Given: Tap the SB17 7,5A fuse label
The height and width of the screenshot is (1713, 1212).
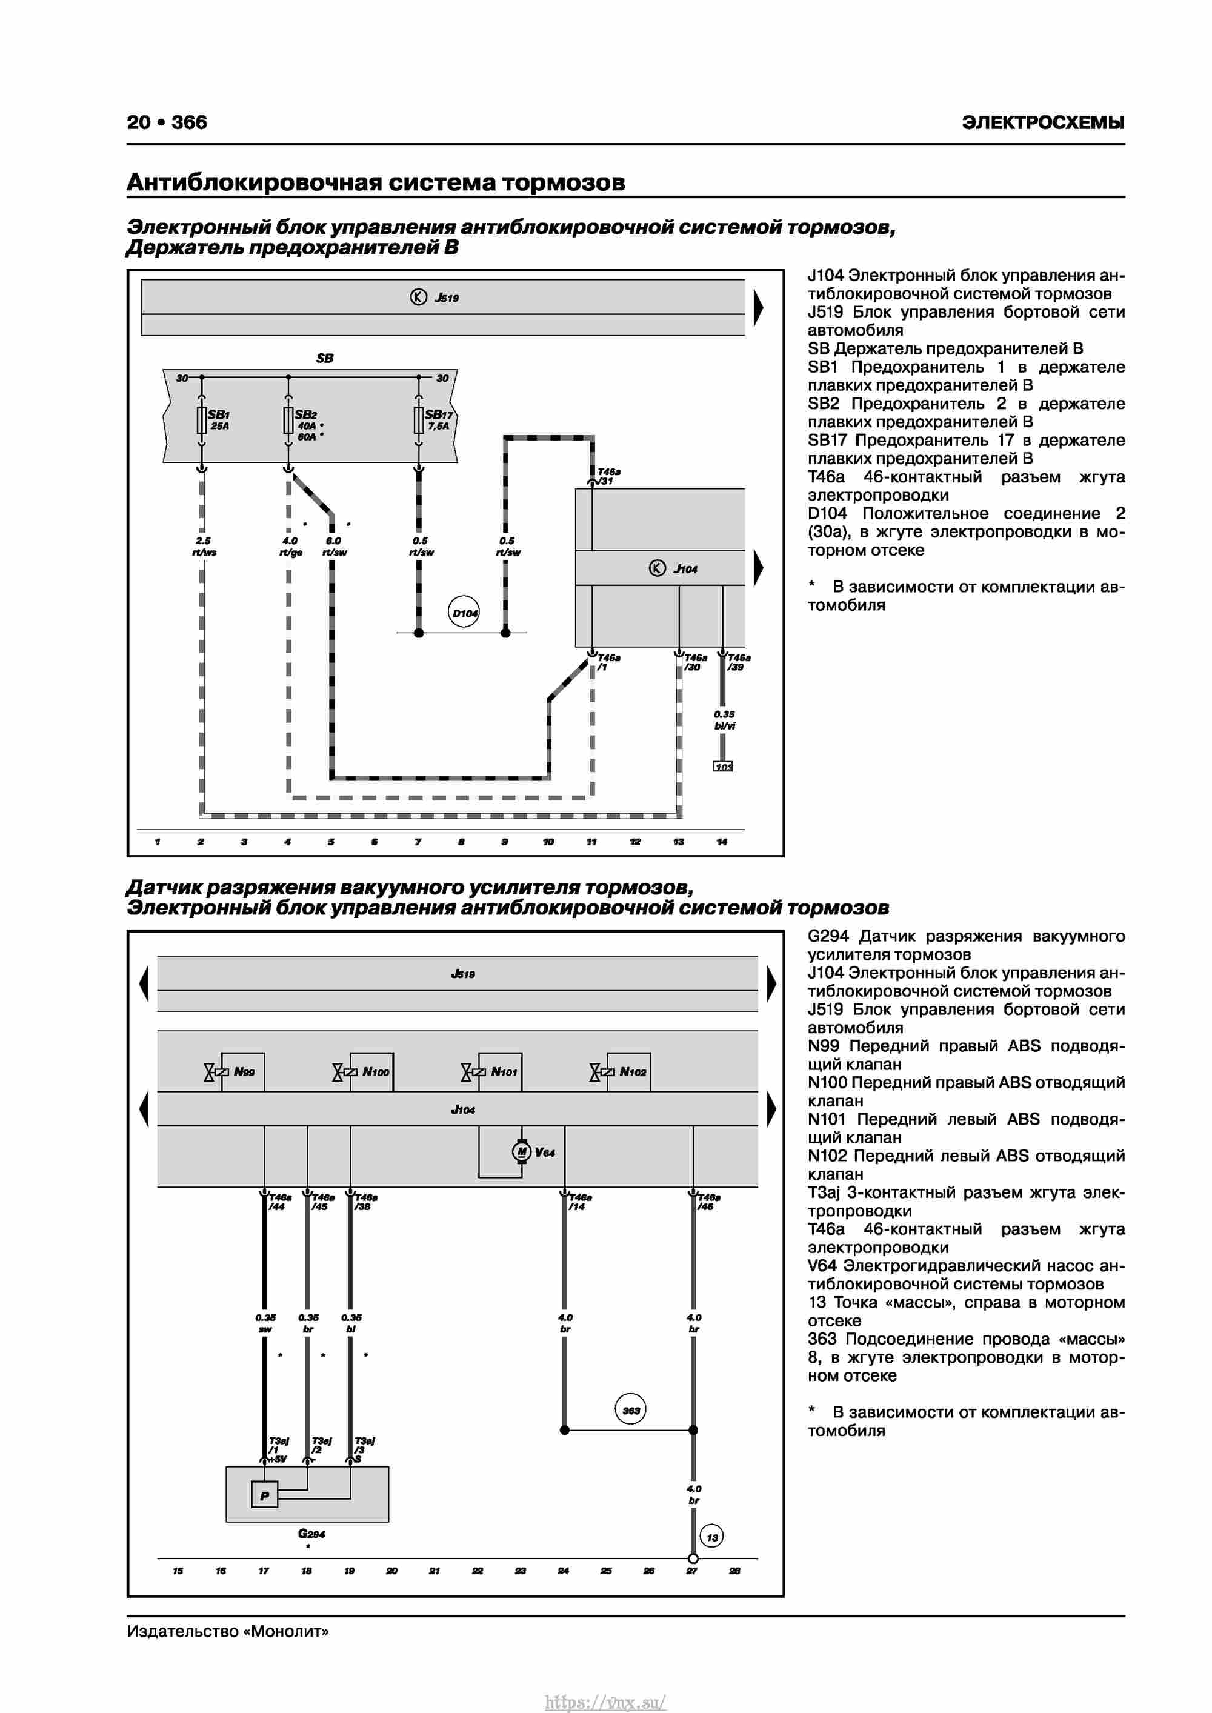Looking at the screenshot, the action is tap(439, 420).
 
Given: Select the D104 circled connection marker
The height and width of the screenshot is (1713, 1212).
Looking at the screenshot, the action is tap(464, 613).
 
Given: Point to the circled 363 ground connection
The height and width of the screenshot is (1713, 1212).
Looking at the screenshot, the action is tap(631, 1409).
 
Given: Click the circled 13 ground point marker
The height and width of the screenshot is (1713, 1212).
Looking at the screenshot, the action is tap(712, 1537).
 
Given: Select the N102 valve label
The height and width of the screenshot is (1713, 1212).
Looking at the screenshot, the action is tap(633, 1072).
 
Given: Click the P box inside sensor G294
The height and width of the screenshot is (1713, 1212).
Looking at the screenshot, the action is tap(264, 1496).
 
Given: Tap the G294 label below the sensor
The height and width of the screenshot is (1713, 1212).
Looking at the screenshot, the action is tap(311, 1534).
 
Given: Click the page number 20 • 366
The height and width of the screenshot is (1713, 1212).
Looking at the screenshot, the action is tap(167, 122).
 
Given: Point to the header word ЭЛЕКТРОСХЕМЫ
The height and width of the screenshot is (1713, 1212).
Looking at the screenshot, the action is tap(1044, 122).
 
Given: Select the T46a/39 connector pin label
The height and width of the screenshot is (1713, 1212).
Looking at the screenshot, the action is tap(739, 662).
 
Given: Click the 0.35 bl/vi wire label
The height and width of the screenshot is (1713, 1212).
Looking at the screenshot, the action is tap(724, 720).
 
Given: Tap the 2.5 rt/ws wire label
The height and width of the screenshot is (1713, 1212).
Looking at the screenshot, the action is tap(204, 546).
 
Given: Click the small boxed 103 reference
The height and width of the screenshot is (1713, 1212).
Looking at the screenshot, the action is tap(723, 767).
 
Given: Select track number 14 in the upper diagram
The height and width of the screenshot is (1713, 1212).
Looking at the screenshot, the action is tap(722, 842).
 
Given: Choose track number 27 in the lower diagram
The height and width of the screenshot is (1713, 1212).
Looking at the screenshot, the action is tap(692, 1571).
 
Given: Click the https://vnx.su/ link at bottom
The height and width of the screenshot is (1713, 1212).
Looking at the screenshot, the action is tap(605, 1702).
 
